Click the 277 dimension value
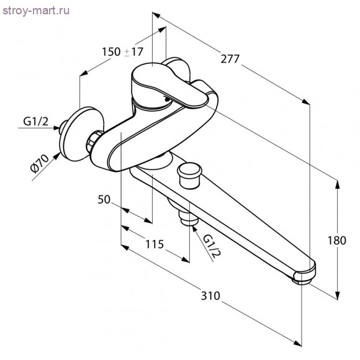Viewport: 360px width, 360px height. (230, 59)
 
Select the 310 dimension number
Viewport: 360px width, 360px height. (210, 295)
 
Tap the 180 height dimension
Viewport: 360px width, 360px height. (336, 241)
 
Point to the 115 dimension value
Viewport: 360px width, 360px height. (155, 244)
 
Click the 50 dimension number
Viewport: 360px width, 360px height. (104, 199)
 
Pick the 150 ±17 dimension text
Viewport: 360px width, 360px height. (122, 52)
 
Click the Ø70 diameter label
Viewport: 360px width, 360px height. (40, 163)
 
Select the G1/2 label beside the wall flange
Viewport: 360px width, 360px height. (36, 121)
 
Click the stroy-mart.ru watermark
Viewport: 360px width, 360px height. (36, 11)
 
